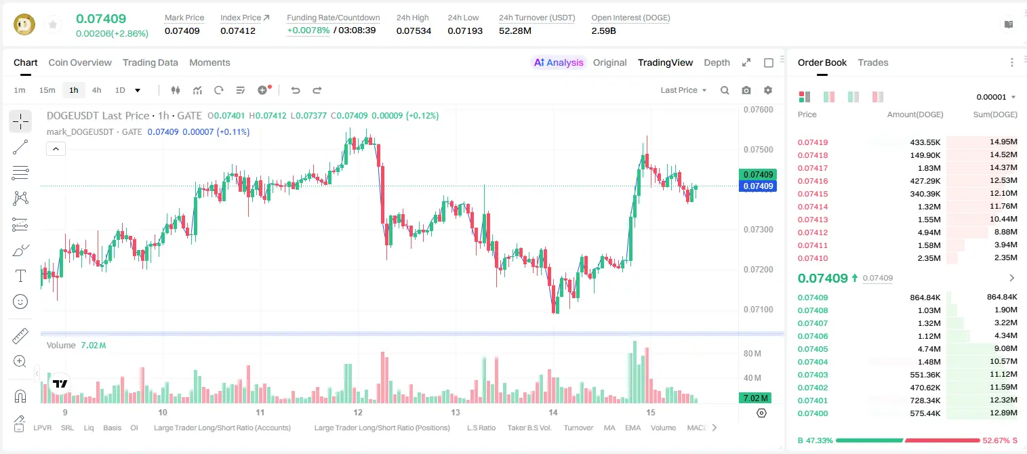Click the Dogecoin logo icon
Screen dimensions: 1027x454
24,24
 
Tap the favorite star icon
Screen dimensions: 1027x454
53,25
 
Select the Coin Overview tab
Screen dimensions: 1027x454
80,62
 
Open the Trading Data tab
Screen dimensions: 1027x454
150,62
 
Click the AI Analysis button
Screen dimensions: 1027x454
559,62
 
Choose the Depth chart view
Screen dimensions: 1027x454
717,62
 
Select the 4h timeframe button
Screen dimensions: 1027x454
96,90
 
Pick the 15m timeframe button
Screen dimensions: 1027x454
47,90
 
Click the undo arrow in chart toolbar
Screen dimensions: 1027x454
296,90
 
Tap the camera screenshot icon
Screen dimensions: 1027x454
746,90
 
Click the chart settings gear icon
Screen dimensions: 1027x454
768,90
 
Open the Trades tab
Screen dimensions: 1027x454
873,62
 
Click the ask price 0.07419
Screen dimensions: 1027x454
812,142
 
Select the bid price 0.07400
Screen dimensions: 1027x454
812,413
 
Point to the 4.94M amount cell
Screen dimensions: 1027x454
929,232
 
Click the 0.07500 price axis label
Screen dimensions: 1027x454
759,150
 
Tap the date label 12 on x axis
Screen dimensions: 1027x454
358,412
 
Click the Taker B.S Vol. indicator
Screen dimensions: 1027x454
529,428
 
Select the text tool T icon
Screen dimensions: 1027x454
20,276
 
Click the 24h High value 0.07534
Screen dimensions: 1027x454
414,30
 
